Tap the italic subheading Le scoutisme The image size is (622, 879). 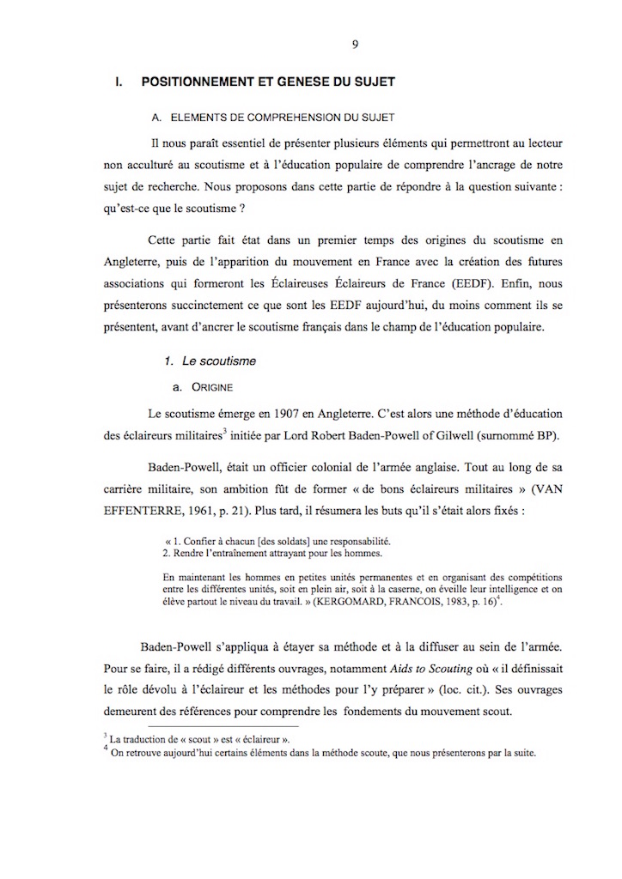[219, 361]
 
